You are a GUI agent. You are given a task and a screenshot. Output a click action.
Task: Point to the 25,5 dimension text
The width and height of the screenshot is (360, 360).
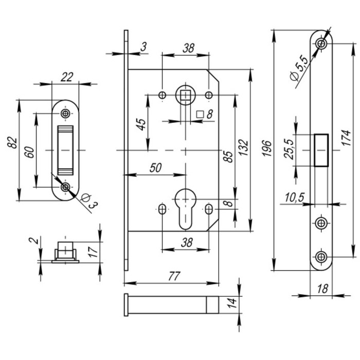(x=290, y=150)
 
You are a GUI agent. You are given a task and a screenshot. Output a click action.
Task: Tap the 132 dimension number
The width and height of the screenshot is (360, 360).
(x=244, y=150)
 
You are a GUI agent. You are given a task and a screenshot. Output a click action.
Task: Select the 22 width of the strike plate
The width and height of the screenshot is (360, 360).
(x=66, y=77)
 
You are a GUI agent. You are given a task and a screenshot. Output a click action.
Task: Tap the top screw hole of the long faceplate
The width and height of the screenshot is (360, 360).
(x=321, y=43)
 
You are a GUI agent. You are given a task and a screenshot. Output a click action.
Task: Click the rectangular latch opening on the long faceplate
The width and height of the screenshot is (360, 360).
(x=321, y=150)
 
